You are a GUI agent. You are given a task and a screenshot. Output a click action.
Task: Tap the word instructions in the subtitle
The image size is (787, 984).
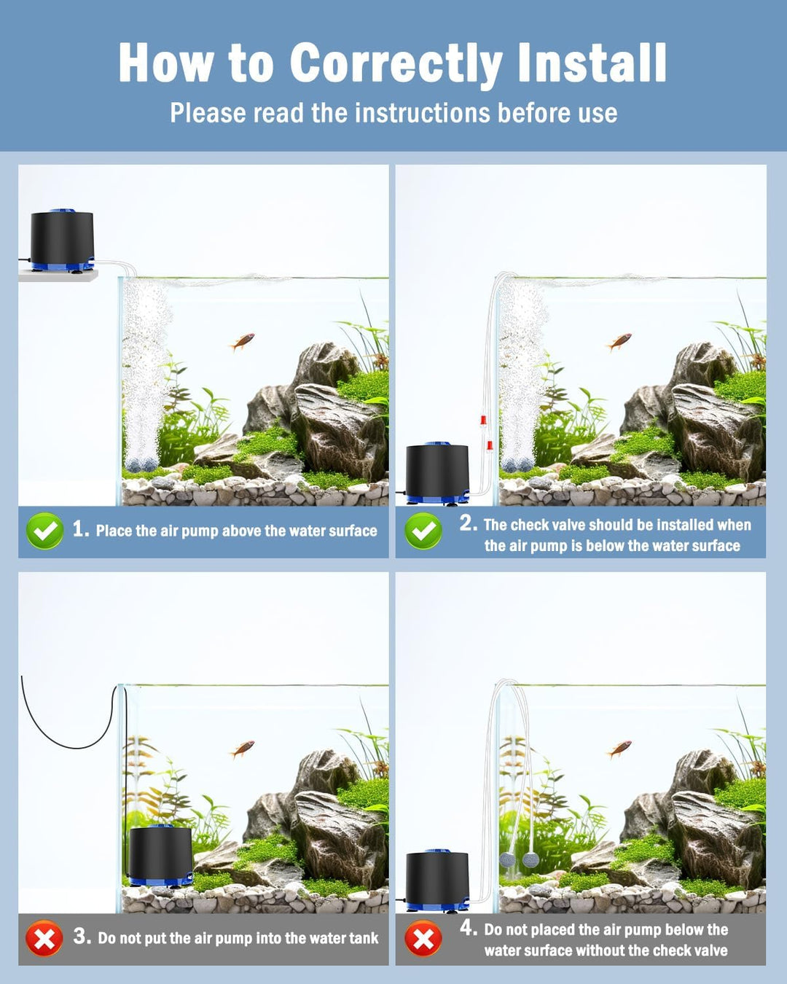(x=422, y=113)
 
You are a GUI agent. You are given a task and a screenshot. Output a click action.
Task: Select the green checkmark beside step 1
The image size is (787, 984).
(x=44, y=531)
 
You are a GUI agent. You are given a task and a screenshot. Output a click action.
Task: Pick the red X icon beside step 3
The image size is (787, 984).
(x=44, y=938)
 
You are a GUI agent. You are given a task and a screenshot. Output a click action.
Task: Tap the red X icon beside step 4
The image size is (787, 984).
(x=423, y=938)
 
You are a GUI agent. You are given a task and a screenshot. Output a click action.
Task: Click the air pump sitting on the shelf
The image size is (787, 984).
(x=62, y=240)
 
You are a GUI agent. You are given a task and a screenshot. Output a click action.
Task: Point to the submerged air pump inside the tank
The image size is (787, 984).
(x=160, y=854)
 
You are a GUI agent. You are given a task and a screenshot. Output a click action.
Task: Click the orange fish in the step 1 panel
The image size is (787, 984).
(x=243, y=340)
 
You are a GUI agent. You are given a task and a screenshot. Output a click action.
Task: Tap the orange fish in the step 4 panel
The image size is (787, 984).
(x=619, y=748)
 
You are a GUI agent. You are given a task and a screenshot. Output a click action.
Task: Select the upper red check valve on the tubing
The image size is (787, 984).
(x=482, y=421)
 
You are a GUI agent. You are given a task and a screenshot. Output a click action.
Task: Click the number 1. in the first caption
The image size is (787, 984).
(x=80, y=529)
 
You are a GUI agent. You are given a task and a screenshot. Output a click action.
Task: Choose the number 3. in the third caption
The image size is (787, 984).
(x=82, y=937)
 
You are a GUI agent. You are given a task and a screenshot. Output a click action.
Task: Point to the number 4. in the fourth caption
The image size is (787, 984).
(x=468, y=928)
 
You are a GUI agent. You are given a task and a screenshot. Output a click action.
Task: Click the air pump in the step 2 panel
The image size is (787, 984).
(x=436, y=472)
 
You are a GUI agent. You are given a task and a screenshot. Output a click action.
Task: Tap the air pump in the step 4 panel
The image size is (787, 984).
(x=436, y=880)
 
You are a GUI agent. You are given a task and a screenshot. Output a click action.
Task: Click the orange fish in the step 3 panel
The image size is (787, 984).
(x=243, y=748)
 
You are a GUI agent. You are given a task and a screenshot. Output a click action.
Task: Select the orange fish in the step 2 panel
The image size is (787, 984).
(x=619, y=340)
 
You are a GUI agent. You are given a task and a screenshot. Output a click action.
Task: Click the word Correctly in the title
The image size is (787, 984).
(x=396, y=64)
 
